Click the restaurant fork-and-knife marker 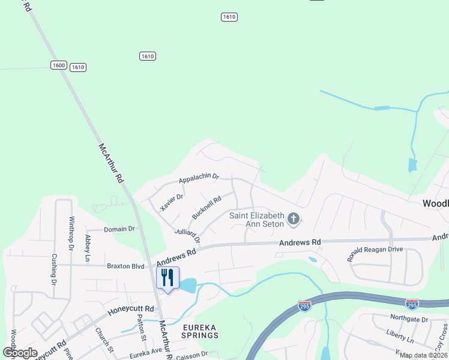(x=167, y=277)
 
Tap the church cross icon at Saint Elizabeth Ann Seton (x=294, y=219)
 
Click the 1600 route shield (x=58, y=65)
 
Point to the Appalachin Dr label (x=199, y=179)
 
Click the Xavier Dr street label (x=170, y=200)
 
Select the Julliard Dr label (x=187, y=234)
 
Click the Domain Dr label (x=119, y=229)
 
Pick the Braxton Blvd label (x=125, y=265)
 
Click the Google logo (x=20, y=353)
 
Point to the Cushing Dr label (x=53, y=271)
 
